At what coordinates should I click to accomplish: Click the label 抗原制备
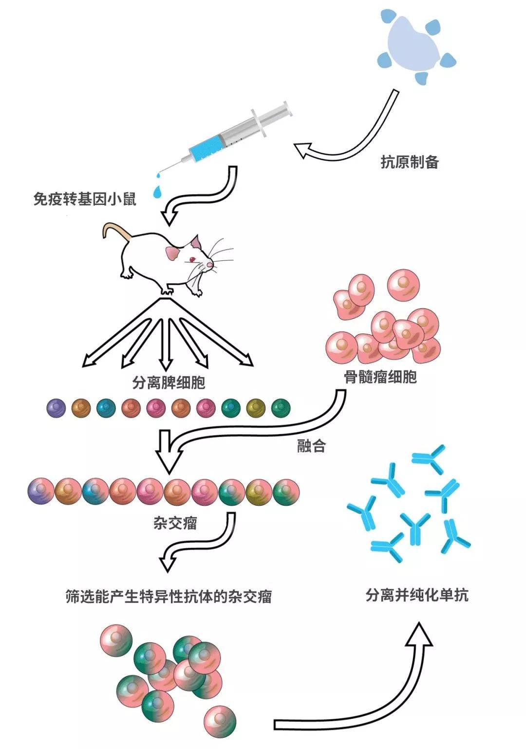(410, 162)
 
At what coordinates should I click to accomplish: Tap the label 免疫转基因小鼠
(85, 199)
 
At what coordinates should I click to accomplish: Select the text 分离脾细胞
(169, 383)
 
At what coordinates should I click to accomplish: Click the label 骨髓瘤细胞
(380, 377)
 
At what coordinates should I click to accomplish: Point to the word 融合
(311, 446)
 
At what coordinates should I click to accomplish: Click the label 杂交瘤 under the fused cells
(175, 523)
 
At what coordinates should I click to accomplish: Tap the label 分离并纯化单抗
(417, 595)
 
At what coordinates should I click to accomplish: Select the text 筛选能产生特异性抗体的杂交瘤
(169, 597)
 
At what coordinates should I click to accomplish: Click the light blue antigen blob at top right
(412, 46)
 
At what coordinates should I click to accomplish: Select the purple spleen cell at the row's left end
(56, 408)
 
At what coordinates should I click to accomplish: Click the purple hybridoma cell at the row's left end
(41, 492)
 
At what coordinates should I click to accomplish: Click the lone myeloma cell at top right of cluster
(403, 285)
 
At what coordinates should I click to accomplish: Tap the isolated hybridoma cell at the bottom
(220, 721)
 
